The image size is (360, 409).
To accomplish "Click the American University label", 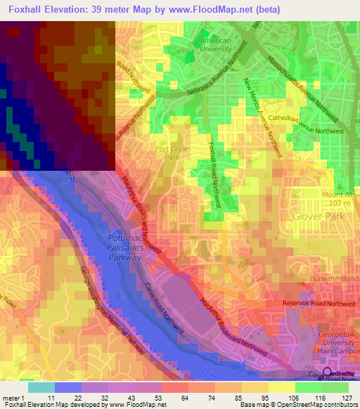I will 216,44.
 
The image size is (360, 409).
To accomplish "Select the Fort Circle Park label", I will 167,152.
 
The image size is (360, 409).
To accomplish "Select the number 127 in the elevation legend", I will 345,397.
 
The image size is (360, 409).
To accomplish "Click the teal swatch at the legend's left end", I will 41,387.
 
